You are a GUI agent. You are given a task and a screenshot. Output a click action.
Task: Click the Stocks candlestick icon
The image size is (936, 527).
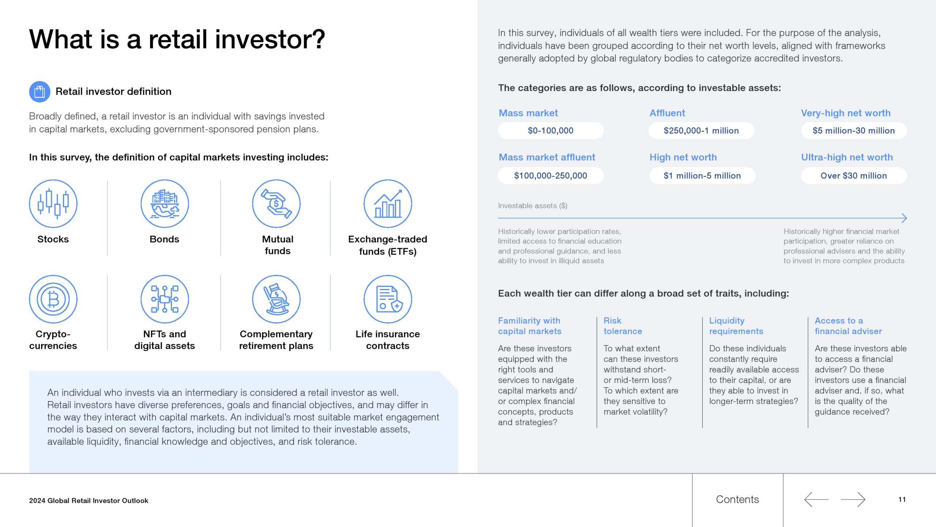53,203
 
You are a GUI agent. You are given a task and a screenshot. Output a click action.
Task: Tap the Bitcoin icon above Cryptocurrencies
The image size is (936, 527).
53,299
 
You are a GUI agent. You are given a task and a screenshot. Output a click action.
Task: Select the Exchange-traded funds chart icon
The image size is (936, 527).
388,203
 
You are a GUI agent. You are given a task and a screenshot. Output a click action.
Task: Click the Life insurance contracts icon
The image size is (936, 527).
388,299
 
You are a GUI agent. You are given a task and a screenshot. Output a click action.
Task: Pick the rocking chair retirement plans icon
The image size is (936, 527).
276,299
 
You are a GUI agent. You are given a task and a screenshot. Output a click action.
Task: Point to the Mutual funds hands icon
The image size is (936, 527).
276,203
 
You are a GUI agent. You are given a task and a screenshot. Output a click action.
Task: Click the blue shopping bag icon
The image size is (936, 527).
39,91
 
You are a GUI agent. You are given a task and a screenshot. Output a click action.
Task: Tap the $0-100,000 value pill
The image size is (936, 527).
551,131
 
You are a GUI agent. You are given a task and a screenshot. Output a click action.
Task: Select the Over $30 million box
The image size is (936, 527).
854,176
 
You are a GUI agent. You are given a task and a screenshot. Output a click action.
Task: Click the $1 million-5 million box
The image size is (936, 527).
702,176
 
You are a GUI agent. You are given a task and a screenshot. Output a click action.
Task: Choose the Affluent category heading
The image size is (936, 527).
667,113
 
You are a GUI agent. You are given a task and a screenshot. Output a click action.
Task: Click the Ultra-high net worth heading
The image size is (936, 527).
847,157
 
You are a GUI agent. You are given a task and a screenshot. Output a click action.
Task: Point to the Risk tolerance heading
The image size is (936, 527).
623,326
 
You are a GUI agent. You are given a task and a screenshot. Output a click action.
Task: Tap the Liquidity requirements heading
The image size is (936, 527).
736,326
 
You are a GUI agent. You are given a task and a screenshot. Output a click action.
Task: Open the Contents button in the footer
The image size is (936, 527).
737,500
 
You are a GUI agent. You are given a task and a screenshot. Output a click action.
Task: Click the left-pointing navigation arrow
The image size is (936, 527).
816,500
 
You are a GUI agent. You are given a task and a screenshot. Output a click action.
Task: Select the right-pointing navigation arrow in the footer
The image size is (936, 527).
853,500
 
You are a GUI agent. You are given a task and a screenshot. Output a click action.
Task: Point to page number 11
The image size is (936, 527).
902,500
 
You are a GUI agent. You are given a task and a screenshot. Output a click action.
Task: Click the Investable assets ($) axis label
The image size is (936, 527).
533,206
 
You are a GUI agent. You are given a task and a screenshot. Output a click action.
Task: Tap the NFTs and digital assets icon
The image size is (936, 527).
165,299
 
